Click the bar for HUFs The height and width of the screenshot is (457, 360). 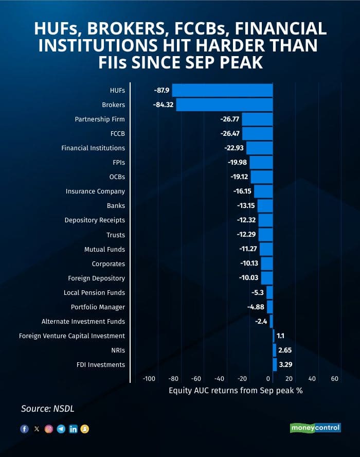click(x=222, y=90)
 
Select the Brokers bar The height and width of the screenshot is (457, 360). click(x=224, y=104)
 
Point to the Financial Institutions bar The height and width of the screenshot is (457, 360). click(x=259, y=148)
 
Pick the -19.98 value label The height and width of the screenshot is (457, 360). click(x=237, y=162)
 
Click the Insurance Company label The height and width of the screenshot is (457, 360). click(x=95, y=191)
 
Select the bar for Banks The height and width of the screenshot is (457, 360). click(x=265, y=206)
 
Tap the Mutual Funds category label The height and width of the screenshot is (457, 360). click(x=104, y=249)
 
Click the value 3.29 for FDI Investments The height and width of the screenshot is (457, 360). click(x=285, y=364)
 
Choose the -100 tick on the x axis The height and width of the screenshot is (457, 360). click(x=149, y=379)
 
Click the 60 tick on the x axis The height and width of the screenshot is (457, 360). click(x=334, y=379)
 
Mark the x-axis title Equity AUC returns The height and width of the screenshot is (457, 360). click(x=236, y=390)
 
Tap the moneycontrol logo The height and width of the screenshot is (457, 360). click(x=315, y=428)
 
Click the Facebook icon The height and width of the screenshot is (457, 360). click(x=24, y=429)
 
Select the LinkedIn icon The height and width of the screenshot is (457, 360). click(x=73, y=429)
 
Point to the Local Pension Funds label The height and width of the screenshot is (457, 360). click(x=94, y=292)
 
